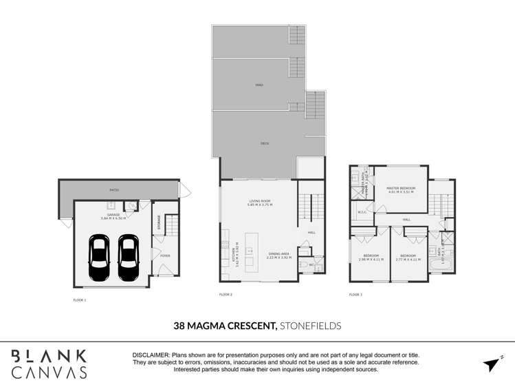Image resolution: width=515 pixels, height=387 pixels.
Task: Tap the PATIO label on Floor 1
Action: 115,190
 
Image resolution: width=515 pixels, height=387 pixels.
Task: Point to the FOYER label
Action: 165,255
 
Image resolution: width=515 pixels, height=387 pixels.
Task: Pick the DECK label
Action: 264,143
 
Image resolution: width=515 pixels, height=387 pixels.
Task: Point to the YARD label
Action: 259,85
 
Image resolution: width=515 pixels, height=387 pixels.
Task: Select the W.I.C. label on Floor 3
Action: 362,212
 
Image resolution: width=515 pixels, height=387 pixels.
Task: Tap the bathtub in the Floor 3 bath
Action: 441,264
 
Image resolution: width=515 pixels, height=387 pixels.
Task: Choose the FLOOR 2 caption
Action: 226,294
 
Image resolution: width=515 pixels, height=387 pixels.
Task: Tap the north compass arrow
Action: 492,364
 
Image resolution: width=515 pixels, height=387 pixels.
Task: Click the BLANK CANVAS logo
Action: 50,364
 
